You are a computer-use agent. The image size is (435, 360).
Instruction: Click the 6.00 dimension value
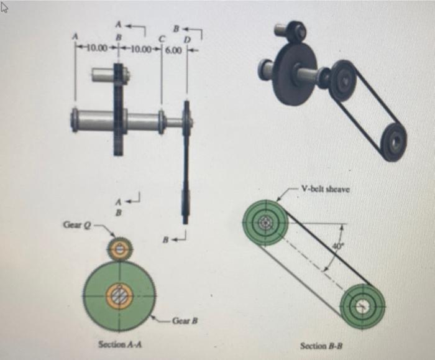[x=173, y=47]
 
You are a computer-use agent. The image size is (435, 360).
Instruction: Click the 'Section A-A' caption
[x=120, y=344]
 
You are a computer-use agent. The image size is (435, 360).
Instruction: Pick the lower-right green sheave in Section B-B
[x=362, y=306]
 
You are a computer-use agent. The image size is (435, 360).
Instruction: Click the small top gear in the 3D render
[x=296, y=31]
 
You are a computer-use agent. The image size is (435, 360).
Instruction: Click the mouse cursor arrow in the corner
[x=8, y=7]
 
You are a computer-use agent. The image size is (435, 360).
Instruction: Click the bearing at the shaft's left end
[x=75, y=120]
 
